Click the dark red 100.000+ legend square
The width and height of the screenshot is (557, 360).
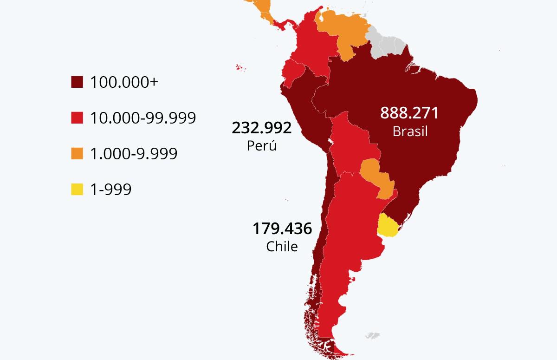pos(77,82)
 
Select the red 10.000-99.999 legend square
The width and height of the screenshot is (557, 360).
pos(77,118)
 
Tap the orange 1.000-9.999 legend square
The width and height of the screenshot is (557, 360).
pos(77,153)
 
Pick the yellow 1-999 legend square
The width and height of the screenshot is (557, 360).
pos(77,189)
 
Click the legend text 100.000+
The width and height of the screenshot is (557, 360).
pos(124,82)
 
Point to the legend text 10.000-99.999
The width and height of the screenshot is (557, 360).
pos(143,118)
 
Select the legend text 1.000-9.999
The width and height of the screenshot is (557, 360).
pos(134,153)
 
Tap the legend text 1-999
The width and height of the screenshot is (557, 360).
pos(111,189)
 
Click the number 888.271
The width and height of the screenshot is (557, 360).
pos(409,113)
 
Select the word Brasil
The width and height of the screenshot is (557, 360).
pos(410,131)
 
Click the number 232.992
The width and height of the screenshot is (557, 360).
pos(262,128)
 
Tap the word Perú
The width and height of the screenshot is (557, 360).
pos(262,145)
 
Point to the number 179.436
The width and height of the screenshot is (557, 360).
pos(282,229)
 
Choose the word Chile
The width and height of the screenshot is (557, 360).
pos(282,246)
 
